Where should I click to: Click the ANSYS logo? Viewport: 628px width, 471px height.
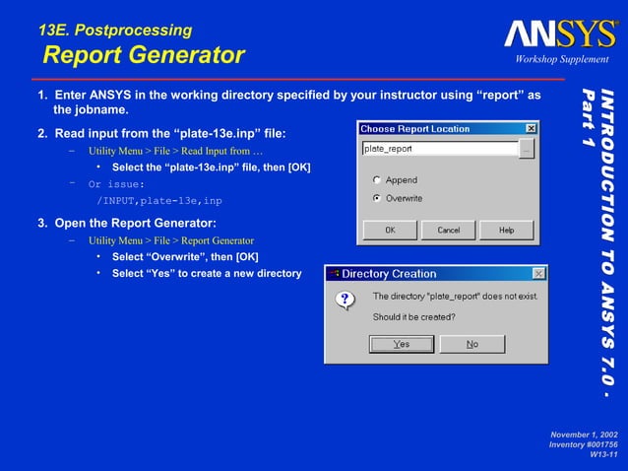point(560,35)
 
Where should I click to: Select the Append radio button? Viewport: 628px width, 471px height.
point(377,180)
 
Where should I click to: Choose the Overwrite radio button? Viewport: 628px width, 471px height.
point(377,198)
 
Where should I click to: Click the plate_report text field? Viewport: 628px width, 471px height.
point(439,149)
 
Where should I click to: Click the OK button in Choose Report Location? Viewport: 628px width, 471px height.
point(390,230)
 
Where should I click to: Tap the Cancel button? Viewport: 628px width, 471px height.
point(448,230)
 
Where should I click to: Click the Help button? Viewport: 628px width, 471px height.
point(506,230)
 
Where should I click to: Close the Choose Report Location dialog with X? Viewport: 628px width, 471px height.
point(531,129)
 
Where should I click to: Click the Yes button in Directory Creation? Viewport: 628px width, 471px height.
point(401,344)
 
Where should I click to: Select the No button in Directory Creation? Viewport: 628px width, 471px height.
point(472,344)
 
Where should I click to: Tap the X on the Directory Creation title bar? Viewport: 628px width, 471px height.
point(538,273)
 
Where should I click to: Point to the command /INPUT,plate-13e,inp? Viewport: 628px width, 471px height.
point(158,200)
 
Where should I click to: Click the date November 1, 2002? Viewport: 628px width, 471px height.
point(584,435)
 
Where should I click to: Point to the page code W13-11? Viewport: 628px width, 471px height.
point(602,454)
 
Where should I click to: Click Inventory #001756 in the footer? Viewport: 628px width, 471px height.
point(583,444)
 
